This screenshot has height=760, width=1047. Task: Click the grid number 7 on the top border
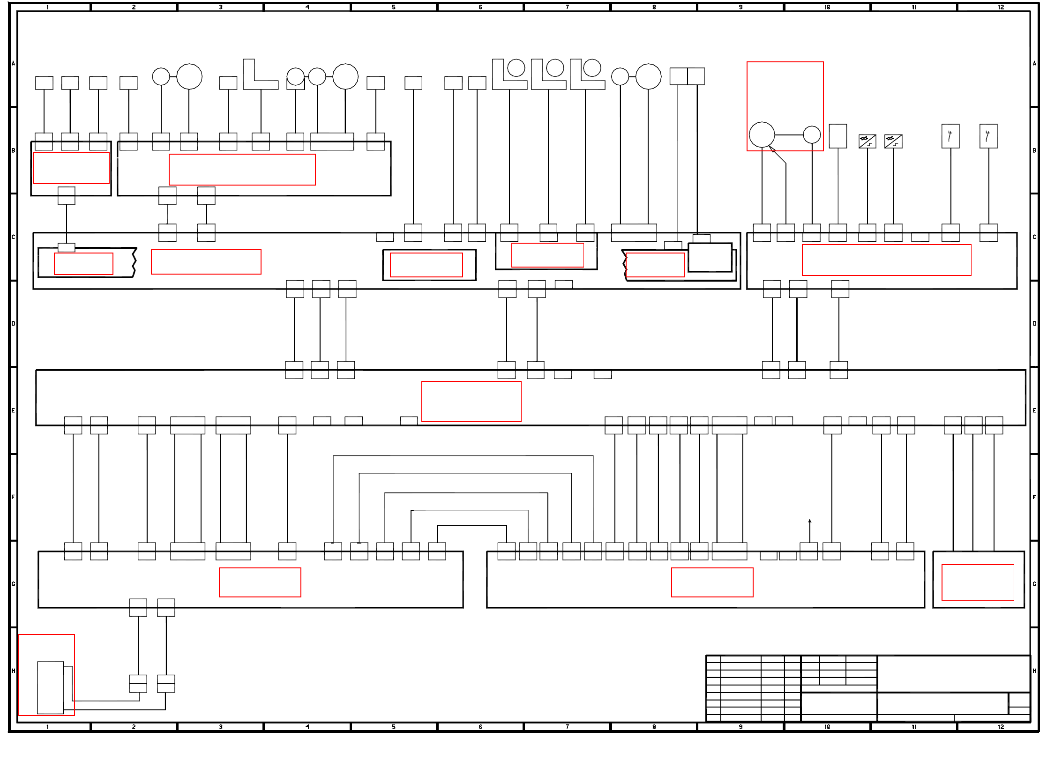pyautogui.click(x=567, y=7)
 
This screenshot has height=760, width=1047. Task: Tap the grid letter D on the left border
pyautogui.click(x=13, y=323)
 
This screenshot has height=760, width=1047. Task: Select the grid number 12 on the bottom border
pyautogui.click(x=1001, y=727)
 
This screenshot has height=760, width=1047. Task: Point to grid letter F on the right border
pyautogui.click(x=1034, y=497)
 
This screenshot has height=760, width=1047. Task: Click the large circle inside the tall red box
pyautogui.click(x=762, y=135)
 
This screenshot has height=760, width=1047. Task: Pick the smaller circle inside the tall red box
pyautogui.click(x=812, y=135)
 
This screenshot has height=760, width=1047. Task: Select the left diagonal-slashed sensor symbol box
pyautogui.click(x=867, y=141)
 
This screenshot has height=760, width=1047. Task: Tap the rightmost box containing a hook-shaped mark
pyautogui.click(x=988, y=136)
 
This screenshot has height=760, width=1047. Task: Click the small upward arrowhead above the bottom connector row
pyautogui.click(x=810, y=521)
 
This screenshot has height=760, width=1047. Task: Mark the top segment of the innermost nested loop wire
pyautogui.click(x=472, y=526)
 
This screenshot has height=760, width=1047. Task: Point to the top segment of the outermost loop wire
pyautogui.click(x=463, y=456)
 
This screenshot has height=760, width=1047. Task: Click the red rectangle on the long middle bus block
pyautogui.click(x=471, y=402)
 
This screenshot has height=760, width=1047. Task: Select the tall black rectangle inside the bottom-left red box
pyautogui.click(x=50, y=687)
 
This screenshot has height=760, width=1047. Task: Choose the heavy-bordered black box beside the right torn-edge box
pyautogui.click(x=710, y=257)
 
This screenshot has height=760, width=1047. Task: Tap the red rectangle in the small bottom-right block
pyautogui.click(x=978, y=582)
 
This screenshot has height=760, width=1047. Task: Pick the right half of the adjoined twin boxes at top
pyautogui.click(x=696, y=76)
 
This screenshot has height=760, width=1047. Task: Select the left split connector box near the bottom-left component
pyautogui.click(x=138, y=684)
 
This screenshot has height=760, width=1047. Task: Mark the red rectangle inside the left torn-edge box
pyautogui.click(x=83, y=264)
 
